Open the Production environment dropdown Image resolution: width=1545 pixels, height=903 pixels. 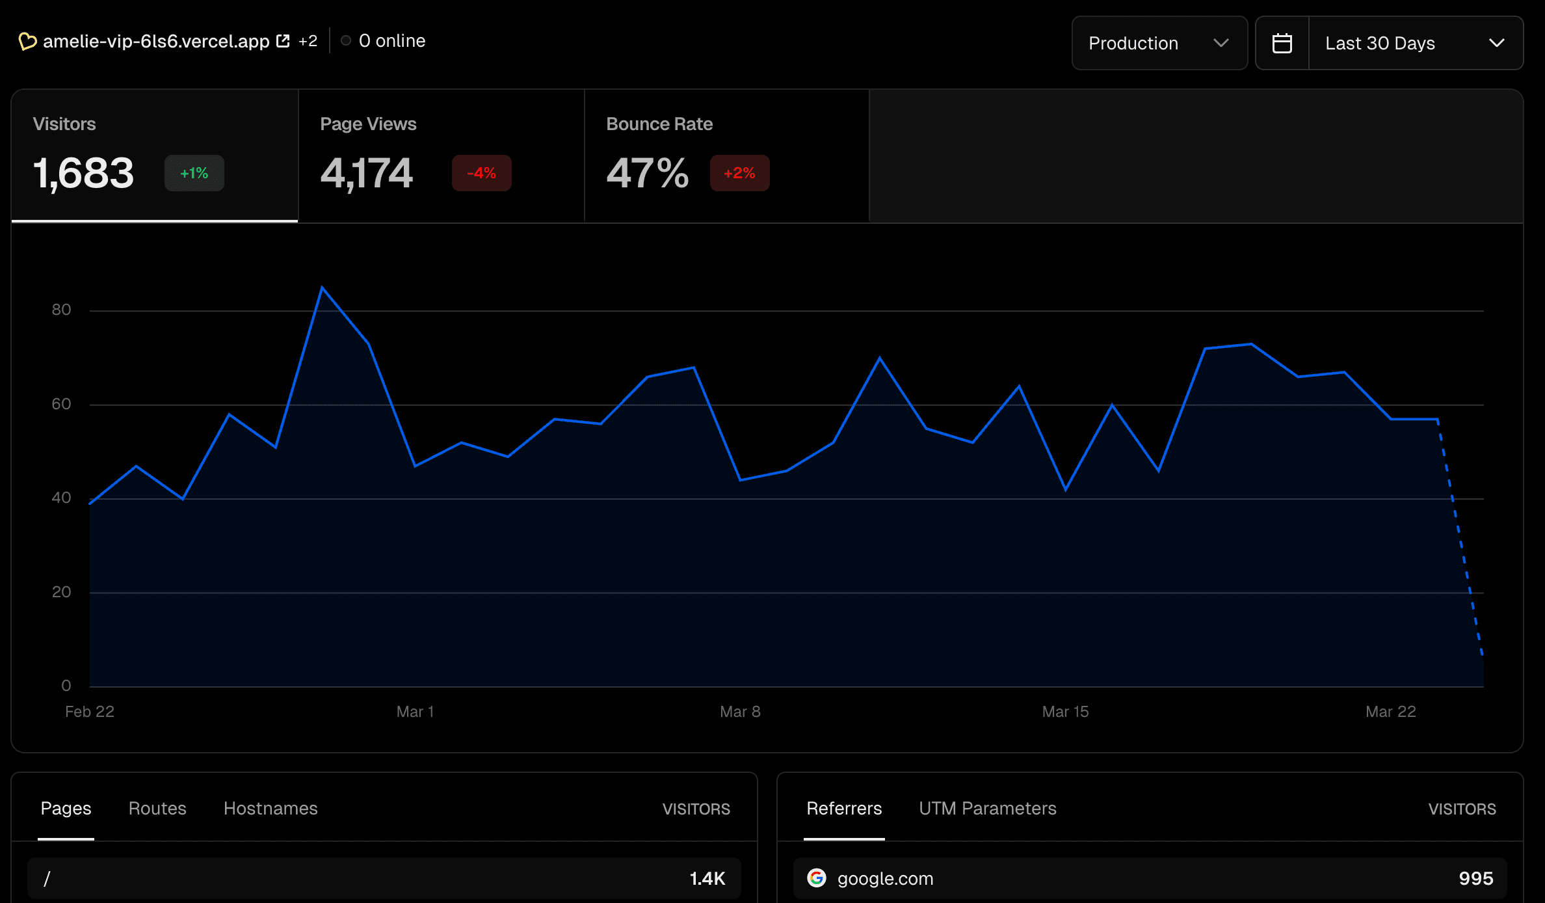point(1159,43)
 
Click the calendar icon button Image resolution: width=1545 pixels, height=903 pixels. point(1282,43)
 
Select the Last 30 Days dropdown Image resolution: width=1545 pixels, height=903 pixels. point(1415,43)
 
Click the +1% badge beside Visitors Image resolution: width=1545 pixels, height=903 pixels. point(194,173)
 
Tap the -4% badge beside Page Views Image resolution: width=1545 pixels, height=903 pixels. point(481,173)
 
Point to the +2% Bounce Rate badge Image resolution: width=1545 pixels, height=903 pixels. point(739,173)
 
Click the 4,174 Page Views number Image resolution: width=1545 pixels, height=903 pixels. point(366,173)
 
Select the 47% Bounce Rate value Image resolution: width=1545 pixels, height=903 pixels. point(647,173)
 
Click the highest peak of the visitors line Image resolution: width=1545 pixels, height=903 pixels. point(322,288)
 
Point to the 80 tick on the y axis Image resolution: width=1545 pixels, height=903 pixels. point(61,310)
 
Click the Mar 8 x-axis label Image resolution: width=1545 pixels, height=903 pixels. point(740,712)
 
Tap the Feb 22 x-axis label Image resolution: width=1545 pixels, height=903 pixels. point(90,712)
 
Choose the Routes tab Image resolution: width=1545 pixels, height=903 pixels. point(157,808)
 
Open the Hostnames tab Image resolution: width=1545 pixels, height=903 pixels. point(271,808)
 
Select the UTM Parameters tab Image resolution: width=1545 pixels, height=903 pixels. point(987,808)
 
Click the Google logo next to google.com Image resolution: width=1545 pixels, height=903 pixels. point(817,878)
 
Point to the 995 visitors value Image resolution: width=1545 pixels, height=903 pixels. point(1475,878)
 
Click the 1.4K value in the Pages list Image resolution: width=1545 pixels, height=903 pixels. point(707,878)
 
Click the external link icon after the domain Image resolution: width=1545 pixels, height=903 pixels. point(283,41)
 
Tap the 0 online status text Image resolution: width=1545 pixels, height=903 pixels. point(391,41)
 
